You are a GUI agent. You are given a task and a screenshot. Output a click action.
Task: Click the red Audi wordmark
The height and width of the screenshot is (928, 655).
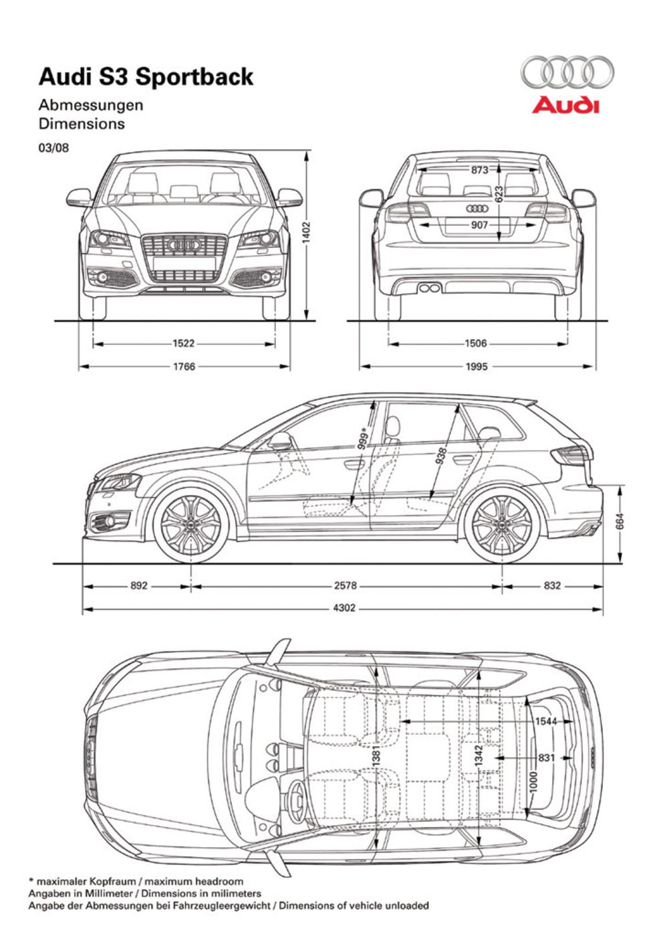click(x=565, y=106)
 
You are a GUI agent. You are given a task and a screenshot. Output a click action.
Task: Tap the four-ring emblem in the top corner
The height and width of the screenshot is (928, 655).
click(x=567, y=72)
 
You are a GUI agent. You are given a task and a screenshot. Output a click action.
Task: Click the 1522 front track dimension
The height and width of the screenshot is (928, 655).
click(x=183, y=343)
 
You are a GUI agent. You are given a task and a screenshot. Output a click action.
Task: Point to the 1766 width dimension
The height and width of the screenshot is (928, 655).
click(x=183, y=367)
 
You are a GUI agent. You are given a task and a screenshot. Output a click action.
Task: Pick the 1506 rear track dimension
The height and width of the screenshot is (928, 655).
click(x=476, y=343)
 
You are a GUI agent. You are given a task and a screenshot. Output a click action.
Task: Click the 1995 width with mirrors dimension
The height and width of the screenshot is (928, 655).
click(x=477, y=367)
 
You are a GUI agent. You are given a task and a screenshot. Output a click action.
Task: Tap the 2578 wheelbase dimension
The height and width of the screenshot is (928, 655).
click(x=346, y=585)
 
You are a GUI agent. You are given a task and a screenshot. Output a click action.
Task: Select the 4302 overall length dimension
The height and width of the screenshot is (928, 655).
click(x=346, y=609)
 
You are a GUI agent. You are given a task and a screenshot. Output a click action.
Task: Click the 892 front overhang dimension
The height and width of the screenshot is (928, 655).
click(x=138, y=585)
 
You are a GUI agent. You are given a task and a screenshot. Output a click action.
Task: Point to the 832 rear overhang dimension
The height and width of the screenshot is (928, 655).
click(x=552, y=585)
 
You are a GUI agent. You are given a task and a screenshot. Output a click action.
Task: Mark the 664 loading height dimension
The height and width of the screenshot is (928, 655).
click(x=620, y=521)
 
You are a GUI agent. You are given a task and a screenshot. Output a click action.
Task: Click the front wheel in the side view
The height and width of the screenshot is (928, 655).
click(x=192, y=525)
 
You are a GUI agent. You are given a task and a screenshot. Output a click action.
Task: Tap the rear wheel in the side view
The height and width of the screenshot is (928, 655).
click(x=502, y=525)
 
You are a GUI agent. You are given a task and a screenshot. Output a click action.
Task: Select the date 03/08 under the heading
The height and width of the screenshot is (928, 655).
click(x=53, y=147)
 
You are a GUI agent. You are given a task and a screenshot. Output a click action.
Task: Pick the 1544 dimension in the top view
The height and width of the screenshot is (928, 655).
click(x=546, y=721)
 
